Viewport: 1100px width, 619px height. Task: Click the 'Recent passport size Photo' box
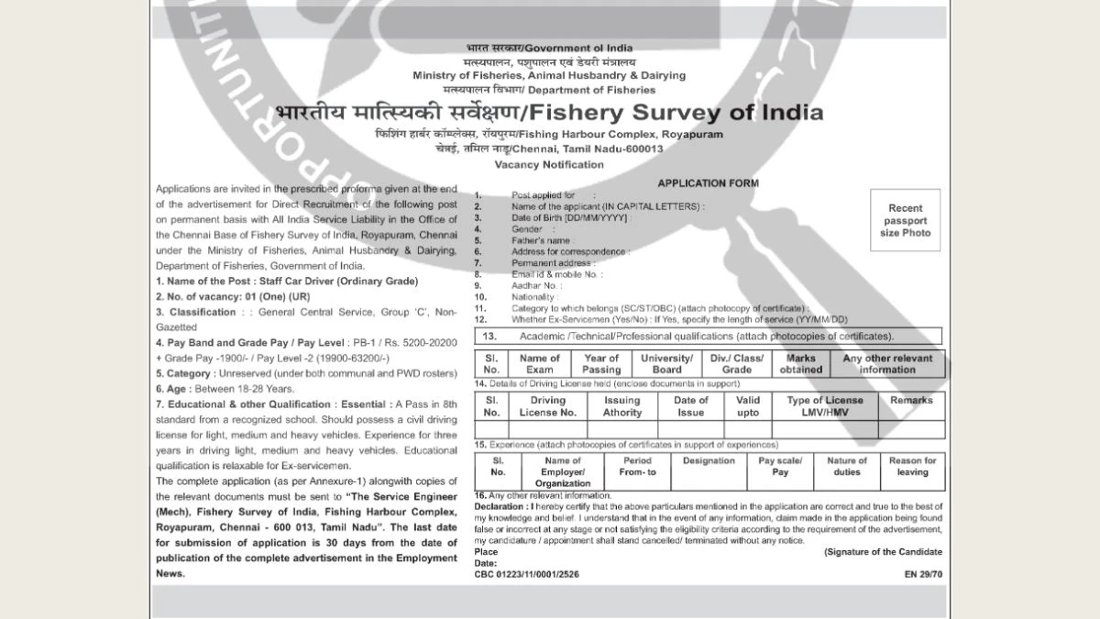906,220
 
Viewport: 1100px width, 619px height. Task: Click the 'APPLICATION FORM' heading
708,183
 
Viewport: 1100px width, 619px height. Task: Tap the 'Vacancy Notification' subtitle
549,165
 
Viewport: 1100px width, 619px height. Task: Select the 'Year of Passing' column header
601,364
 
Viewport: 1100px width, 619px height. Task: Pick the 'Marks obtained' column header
801,364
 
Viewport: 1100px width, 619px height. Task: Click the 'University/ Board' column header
667,364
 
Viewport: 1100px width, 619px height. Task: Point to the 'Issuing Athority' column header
622,406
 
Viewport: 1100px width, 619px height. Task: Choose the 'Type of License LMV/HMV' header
825,406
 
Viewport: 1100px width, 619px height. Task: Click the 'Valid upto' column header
748,406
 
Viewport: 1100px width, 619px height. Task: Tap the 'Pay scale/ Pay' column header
780,466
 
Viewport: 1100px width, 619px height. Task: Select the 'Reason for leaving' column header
912,466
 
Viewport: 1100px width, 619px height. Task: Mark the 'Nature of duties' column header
847,466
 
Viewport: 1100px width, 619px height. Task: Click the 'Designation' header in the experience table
709,461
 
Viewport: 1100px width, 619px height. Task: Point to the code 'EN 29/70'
922,574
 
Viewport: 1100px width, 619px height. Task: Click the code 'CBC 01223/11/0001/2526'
527,574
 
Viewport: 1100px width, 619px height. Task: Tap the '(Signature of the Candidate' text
883,552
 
